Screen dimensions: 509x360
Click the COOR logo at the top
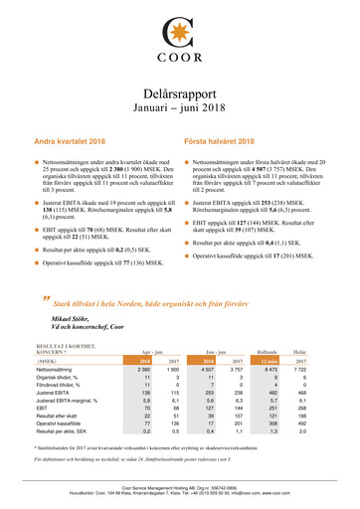(x=179, y=40)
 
